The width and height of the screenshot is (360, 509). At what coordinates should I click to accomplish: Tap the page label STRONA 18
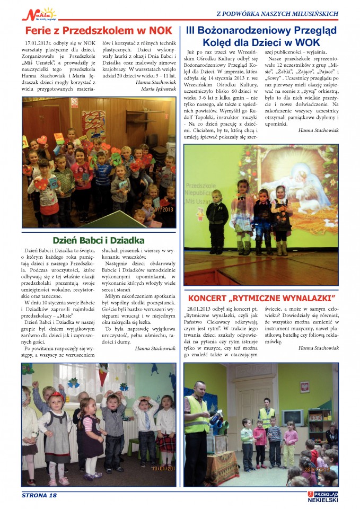tap(39, 495)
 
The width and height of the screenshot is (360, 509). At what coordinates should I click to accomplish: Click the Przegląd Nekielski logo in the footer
tap(322, 496)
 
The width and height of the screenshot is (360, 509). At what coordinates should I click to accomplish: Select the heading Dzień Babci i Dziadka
tap(99, 239)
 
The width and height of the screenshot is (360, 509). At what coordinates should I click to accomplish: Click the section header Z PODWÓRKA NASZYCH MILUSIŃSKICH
tap(277, 12)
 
